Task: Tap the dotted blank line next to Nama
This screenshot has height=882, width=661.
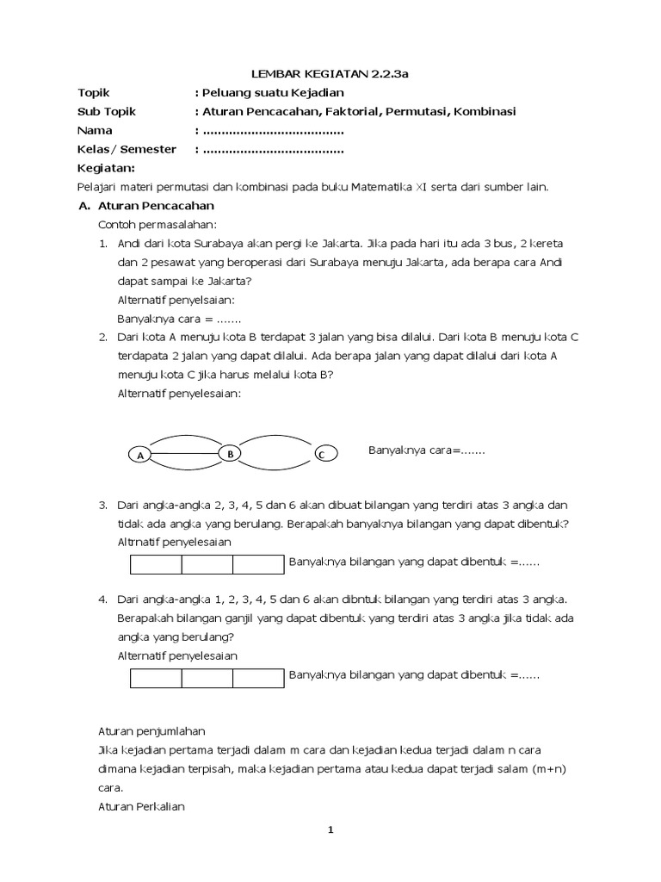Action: click(x=272, y=130)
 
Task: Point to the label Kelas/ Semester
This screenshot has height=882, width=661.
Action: click(x=127, y=149)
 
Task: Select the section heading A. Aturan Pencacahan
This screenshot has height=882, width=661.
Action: click(x=146, y=206)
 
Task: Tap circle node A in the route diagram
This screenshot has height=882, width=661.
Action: click(x=138, y=456)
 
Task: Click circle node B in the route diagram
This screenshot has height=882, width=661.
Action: click(x=231, y=453)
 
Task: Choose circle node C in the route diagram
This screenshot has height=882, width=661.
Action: click(x=322, y=455)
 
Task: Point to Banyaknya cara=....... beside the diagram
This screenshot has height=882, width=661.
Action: click(x=427, y=450)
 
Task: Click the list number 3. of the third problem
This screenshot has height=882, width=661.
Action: click(x=102, y=505)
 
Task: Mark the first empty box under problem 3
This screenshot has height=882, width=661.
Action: click(x=156, y=564)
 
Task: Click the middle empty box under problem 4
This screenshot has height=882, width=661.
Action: click(x=207, y=678)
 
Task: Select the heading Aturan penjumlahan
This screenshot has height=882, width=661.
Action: click(x=151, y=730)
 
